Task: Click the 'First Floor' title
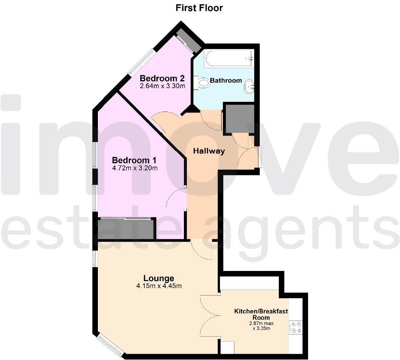(x=199, y=8)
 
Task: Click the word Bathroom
(x=226, y=81)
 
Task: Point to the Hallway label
(x=209, y=151)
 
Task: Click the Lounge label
(x=158, y=278)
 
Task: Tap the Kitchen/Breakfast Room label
(x=261, y=314)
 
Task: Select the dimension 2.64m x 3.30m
(x=163, y=86)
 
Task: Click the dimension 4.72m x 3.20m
(x=135, y=168)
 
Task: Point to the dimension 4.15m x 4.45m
(x=159, y=286)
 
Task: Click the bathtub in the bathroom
(x=229, y=59)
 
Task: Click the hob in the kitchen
(x=295, y=327)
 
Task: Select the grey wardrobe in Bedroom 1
(x=125, y=229)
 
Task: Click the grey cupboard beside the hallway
(x=239, y=119)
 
